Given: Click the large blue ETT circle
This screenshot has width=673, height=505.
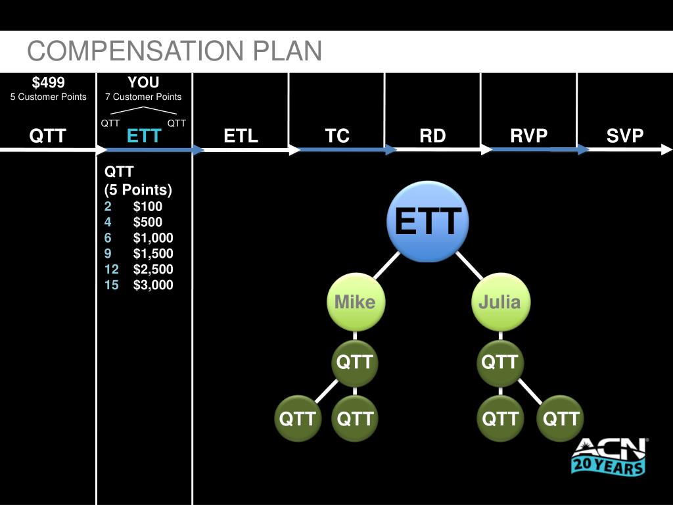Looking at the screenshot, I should click(428, 222).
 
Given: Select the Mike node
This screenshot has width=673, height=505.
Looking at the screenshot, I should click(355, 302).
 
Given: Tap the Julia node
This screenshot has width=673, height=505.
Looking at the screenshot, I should click(499, 302).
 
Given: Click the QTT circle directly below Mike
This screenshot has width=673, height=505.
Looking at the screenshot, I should click(355, 362).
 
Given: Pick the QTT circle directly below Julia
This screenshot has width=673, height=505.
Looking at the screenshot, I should click(499, 362).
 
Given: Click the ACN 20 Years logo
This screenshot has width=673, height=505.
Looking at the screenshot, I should click(609, 455).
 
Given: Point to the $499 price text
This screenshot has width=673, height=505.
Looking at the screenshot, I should click(49, 82).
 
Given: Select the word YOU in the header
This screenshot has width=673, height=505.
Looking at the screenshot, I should click(143, 82).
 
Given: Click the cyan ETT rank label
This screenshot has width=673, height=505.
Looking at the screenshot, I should click(144, 136).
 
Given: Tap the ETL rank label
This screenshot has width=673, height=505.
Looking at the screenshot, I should click(241, 136).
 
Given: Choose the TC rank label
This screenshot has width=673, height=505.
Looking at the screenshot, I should click(337, 136).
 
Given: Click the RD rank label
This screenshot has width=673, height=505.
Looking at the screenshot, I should click(432, 136).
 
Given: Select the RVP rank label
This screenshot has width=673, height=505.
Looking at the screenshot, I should click(529, 136).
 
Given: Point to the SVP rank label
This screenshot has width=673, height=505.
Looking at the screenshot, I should click(625, 136).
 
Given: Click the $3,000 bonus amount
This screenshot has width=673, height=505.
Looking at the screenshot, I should click(153, 285).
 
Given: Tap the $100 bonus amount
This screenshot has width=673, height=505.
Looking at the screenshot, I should click(148, 206).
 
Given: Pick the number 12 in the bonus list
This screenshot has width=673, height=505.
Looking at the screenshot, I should click(111, 269).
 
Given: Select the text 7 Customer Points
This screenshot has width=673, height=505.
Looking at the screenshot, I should click(143, 97).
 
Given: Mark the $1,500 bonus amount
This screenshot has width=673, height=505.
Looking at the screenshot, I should click(153, 253).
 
